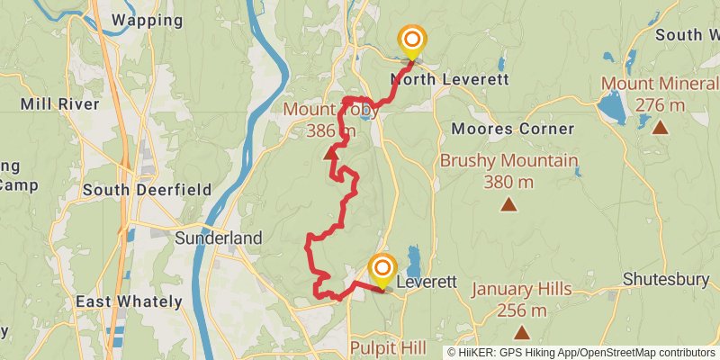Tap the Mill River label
coord(59,104)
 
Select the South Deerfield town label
coord(147,190)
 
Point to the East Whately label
coord(129,301)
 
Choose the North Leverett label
coord(450,79)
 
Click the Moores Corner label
coord(512,129)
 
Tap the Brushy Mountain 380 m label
coord(508,171)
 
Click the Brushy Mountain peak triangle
coord(509,205)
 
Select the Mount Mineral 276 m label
coord(660,95)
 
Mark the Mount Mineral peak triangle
coord(661,128)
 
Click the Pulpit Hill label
coord(390,347)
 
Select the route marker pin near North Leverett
coord(412,40)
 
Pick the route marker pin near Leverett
coord(382,270)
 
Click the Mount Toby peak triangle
coord(330,153)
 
